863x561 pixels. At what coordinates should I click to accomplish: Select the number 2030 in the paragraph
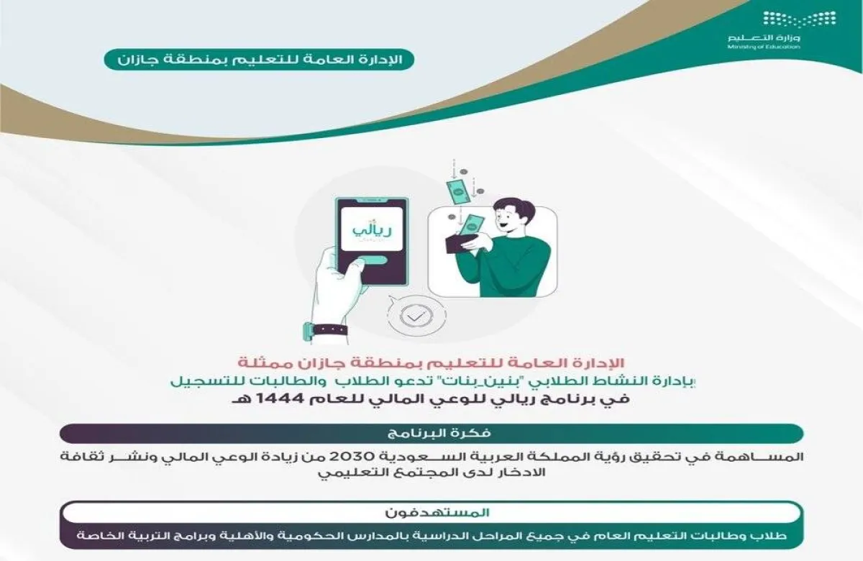point(475,457)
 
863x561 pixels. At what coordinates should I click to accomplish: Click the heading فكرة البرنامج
point(431,434)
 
